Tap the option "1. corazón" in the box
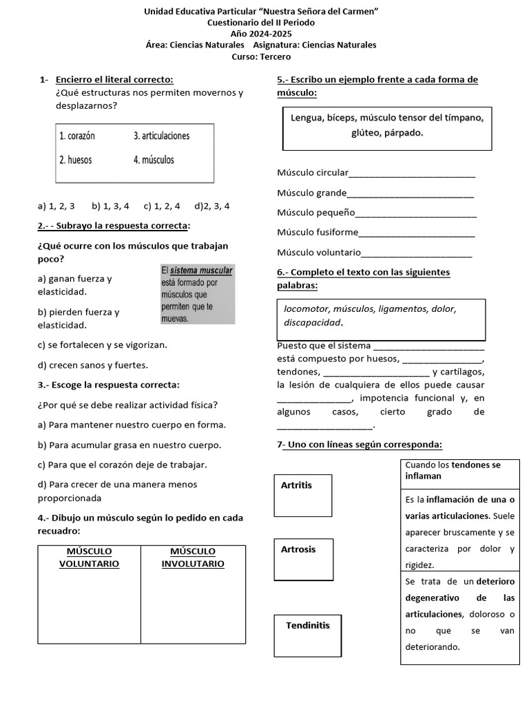(77, 136)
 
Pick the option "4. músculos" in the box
(154, 160)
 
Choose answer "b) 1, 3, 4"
(110, 205)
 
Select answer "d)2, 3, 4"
(212, 205)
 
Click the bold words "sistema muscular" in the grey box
(201, 271)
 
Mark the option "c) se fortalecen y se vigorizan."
(103, 344)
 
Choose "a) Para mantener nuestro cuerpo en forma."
(132, 425)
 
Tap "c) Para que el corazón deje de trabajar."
(122, 465)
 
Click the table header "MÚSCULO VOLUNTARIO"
(89, 558)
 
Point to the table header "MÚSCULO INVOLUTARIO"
(193, 558)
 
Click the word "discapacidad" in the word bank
(313, 322)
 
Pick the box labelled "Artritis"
(302, 495)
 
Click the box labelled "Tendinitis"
(307, 635)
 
